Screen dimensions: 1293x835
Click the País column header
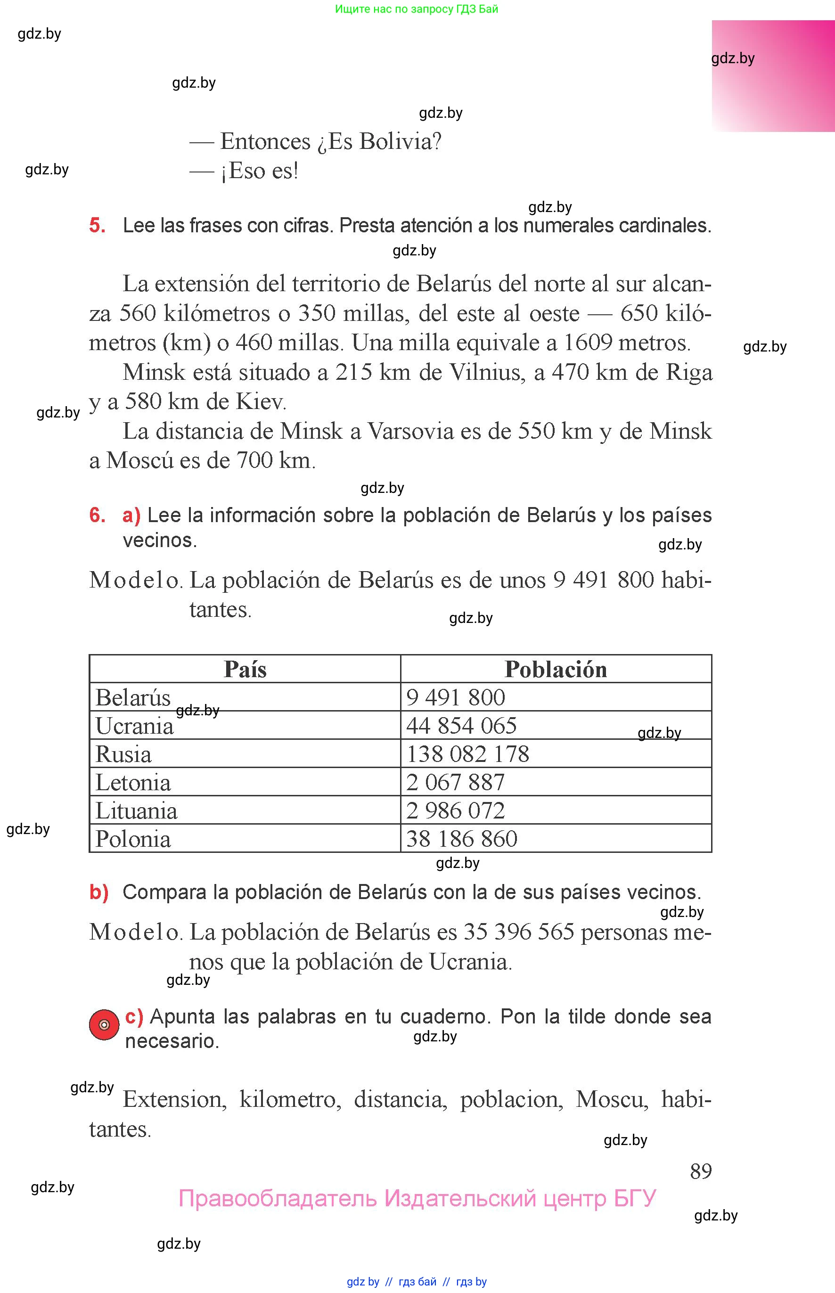point(245,669)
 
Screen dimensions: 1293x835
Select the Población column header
point(555,669)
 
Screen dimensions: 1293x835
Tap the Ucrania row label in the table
point(134,726)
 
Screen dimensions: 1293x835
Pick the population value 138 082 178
point(467,754)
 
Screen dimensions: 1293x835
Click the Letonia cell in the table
point(133,782)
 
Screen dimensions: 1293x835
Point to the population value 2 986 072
point(456,810)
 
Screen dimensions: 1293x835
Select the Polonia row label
point(133,839)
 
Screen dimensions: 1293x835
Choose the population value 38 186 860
point(462,839)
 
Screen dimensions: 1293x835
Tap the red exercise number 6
point(97,515)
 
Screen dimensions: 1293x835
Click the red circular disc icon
point(104,1024)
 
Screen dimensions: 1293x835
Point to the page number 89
point(701,1171)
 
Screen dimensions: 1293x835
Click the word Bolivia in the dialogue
point(400,141)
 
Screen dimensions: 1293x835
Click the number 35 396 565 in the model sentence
point(519,932)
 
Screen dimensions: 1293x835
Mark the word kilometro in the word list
point(290,1099)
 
